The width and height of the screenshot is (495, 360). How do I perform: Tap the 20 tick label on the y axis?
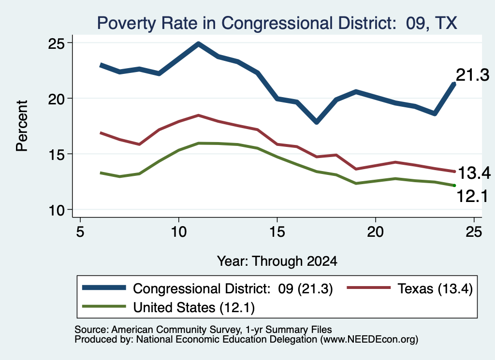click(x=56, y=99)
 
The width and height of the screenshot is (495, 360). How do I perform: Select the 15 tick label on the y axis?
click(x=56, y=154)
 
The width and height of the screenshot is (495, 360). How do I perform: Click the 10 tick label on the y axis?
click(x=56, y=210)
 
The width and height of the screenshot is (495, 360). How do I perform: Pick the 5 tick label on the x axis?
click(x=80, y=232)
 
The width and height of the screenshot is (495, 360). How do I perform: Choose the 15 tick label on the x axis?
click(x=277, y=232)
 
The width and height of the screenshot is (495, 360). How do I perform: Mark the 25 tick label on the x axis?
click(x=474, y=232)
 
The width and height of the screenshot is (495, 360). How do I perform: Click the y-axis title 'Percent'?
click(x=22, y=126)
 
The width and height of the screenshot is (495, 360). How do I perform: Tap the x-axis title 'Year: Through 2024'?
click(x=277, y=261)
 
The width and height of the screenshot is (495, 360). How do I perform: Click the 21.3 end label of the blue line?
click(x=473, y=75)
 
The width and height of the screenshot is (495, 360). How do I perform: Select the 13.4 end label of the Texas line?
click(x=474, y=173)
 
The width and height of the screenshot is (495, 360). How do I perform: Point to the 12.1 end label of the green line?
click(x=472, y=196)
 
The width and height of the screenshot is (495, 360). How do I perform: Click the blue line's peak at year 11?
click(x=198, y=44)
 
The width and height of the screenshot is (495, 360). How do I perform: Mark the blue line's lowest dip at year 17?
click(x=317, y=121)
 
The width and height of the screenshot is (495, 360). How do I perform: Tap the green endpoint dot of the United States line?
click(x=454, y=185)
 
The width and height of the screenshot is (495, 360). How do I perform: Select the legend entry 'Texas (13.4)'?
click(x=435, y=288)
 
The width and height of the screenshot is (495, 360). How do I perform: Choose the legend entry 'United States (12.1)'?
click(x=194, y=307)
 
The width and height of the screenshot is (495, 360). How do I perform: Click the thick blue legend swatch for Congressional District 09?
click(x=104, y=288)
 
